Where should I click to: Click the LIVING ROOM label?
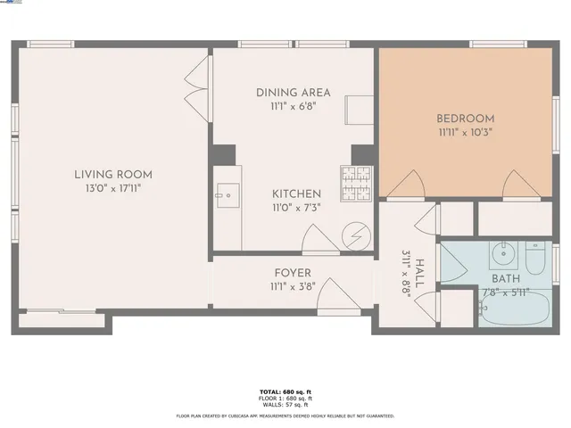click(113, 175)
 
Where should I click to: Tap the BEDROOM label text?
click(465, 118)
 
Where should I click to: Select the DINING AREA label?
click(293, 93)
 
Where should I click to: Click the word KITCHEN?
click(296, 193)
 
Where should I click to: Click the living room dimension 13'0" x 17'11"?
click(113, 188)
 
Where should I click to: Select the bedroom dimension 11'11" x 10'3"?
click(465, 132)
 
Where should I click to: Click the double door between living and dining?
click(197, 81)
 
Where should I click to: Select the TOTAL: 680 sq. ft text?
click(285, 391)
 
